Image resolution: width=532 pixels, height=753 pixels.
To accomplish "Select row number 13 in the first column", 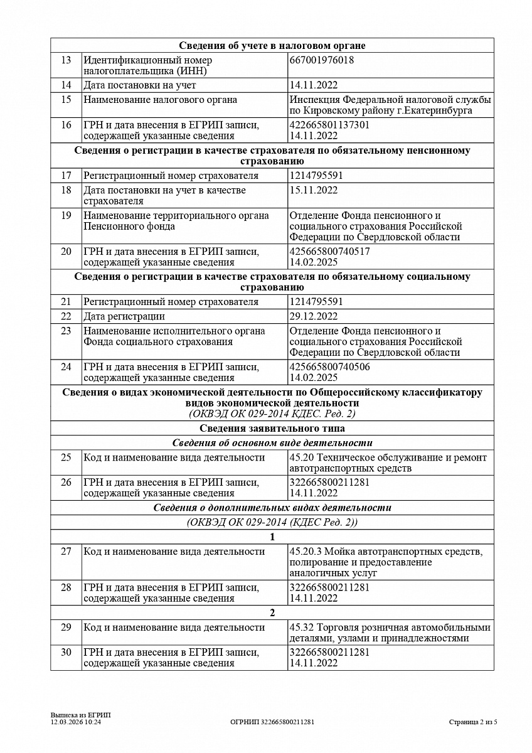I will tap(66, 60).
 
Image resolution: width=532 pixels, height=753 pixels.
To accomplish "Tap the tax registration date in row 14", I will tap(314, 85).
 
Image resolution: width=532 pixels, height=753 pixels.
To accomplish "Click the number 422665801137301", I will tap(329, 125).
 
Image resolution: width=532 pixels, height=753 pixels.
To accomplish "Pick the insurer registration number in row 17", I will tap(316, 176).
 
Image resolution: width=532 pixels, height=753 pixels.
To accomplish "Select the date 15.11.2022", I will tap(314, 190).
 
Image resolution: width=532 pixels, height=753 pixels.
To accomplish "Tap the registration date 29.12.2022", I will tap(314, 316).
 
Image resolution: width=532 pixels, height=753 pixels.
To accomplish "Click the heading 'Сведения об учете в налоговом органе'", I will tap(272, 46).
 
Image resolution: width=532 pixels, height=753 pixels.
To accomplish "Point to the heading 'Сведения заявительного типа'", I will tap(272, 429).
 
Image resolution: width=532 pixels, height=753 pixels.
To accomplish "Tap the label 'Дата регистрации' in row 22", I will tap(124, 316).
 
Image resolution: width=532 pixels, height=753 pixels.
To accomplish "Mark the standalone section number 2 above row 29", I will tap(272, 613).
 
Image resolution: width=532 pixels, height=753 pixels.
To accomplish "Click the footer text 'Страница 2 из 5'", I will tap(473, 722).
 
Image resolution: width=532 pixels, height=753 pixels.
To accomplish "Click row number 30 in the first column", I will tap(66, 652).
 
